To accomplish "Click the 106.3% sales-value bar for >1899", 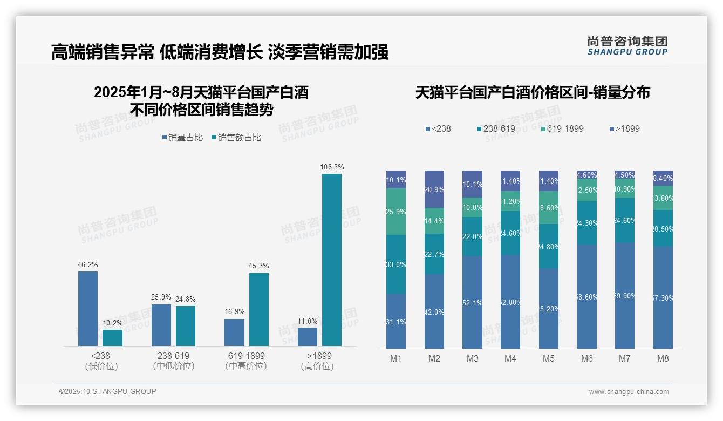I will pyautogui.click(x=332, y=260).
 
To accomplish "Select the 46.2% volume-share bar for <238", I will pyautogui.click(x=88, y=309).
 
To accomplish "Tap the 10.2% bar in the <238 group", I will pyautogui.click(x=112, y=338).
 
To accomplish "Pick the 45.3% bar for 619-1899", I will pyautogui.click(x=259, y=309).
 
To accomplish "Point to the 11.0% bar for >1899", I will pyautogui.click(x=308, y=337).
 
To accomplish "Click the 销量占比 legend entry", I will pyautogui.click(x=182, y=138).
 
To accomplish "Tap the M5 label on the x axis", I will pyautogui.click(x=549, y=358).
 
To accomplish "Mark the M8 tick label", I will pyautogui.click(x=663, y=358).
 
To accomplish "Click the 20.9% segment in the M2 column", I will pyautogui.click(x=434, y=189).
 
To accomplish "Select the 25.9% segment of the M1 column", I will pyautogui.click(x=396, y=212).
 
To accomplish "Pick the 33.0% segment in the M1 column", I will pyautogui.click(x=396, y=264).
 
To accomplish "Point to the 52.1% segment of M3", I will pyautogui.click(x=473, y=302).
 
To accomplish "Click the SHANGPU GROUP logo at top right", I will pyautogui.click(x=627, y=45).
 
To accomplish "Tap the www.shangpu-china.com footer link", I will pyautogui.click(x=629, y=392).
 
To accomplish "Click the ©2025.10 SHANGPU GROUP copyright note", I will pyautogui.click(x=108, y=391).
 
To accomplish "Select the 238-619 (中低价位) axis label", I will pyautogui.click(x=173, y=361).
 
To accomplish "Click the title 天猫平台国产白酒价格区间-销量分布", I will pyautogui.click(x=532, y=92).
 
